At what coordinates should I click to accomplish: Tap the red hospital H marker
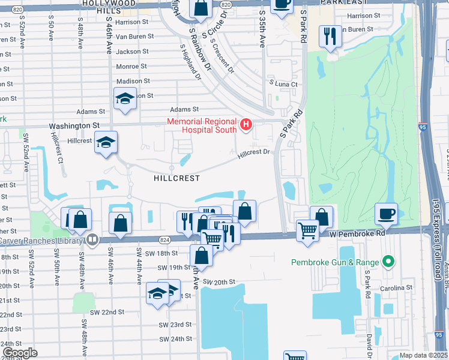point(246,125)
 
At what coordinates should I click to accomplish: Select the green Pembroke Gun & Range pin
point(388,262)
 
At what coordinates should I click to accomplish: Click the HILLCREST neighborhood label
point(176,178)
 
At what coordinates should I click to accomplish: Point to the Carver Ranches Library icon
point(92,241)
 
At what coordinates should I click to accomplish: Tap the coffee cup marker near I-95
point(385,213)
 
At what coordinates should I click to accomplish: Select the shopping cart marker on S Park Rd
point(308,230)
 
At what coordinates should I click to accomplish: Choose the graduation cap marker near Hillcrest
point(106,142)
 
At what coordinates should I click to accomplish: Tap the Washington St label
point(74,126)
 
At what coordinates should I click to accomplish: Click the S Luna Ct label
point(283,84)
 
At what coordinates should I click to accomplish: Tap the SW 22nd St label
point(107,312)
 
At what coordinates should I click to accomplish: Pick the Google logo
point(20,353)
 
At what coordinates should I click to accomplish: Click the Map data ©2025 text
point(423,355)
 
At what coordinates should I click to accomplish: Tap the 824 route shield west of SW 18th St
point(164,240)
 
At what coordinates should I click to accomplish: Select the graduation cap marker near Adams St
point(125,98)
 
